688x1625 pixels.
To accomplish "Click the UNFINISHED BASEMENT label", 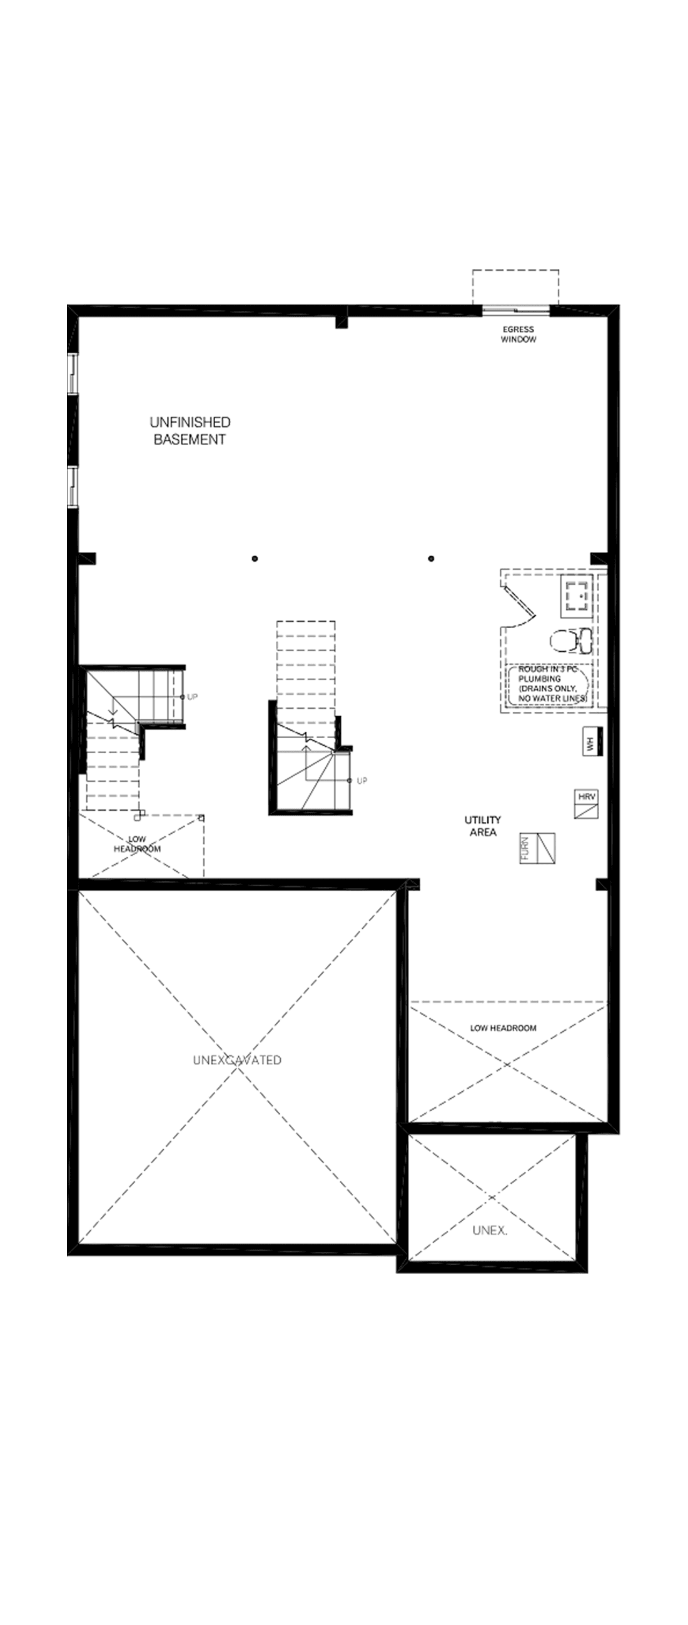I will click(x=190, y=431).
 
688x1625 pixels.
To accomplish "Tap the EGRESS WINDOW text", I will click(x=519, y=334).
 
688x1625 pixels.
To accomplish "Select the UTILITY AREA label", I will click(x=483, y=826).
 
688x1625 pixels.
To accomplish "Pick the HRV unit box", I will click(x=587, y=804).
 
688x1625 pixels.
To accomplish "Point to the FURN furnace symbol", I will click(x=538, y=849).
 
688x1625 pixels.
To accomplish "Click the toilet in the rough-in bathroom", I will click(x=570, y=640).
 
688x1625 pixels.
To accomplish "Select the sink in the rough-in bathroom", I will click(x=577, y=596).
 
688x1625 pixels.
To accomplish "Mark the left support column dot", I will click(x=255, y=558).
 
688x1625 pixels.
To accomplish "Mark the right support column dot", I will click(x=431, y=558).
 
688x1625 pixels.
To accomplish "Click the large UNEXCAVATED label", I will click(x=237, y=1061).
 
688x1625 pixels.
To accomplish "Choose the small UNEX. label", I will click(x=490, y=1231).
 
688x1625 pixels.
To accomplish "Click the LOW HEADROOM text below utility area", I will click(x=503, y=1028).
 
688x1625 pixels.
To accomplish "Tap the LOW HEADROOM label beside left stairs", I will click(x=137, y=844).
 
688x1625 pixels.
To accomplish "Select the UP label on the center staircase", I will click(x=362, y=781).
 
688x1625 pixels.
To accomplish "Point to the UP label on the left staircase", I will click(x=193, y=697).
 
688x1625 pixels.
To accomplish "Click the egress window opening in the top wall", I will click(x=515, y=311).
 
